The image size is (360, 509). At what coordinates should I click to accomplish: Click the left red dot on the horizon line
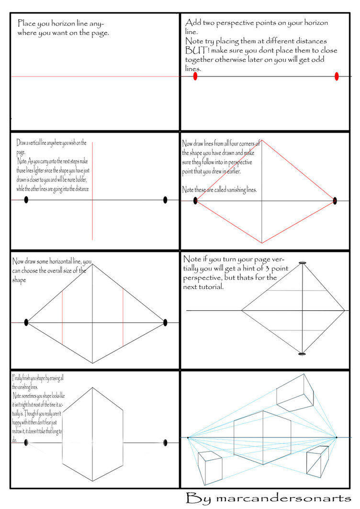pos(195,76)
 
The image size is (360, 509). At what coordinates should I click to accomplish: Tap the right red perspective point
pos(337,76)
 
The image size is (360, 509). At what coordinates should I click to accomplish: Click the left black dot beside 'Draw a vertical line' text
pos(26,200)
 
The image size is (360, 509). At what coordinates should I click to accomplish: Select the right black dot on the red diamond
pos(335,201)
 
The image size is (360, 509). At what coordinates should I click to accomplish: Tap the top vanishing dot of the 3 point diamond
pos(302,263)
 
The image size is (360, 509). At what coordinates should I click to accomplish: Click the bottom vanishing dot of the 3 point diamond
pos(302,354)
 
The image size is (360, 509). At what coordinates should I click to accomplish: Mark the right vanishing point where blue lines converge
pos(336,437)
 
